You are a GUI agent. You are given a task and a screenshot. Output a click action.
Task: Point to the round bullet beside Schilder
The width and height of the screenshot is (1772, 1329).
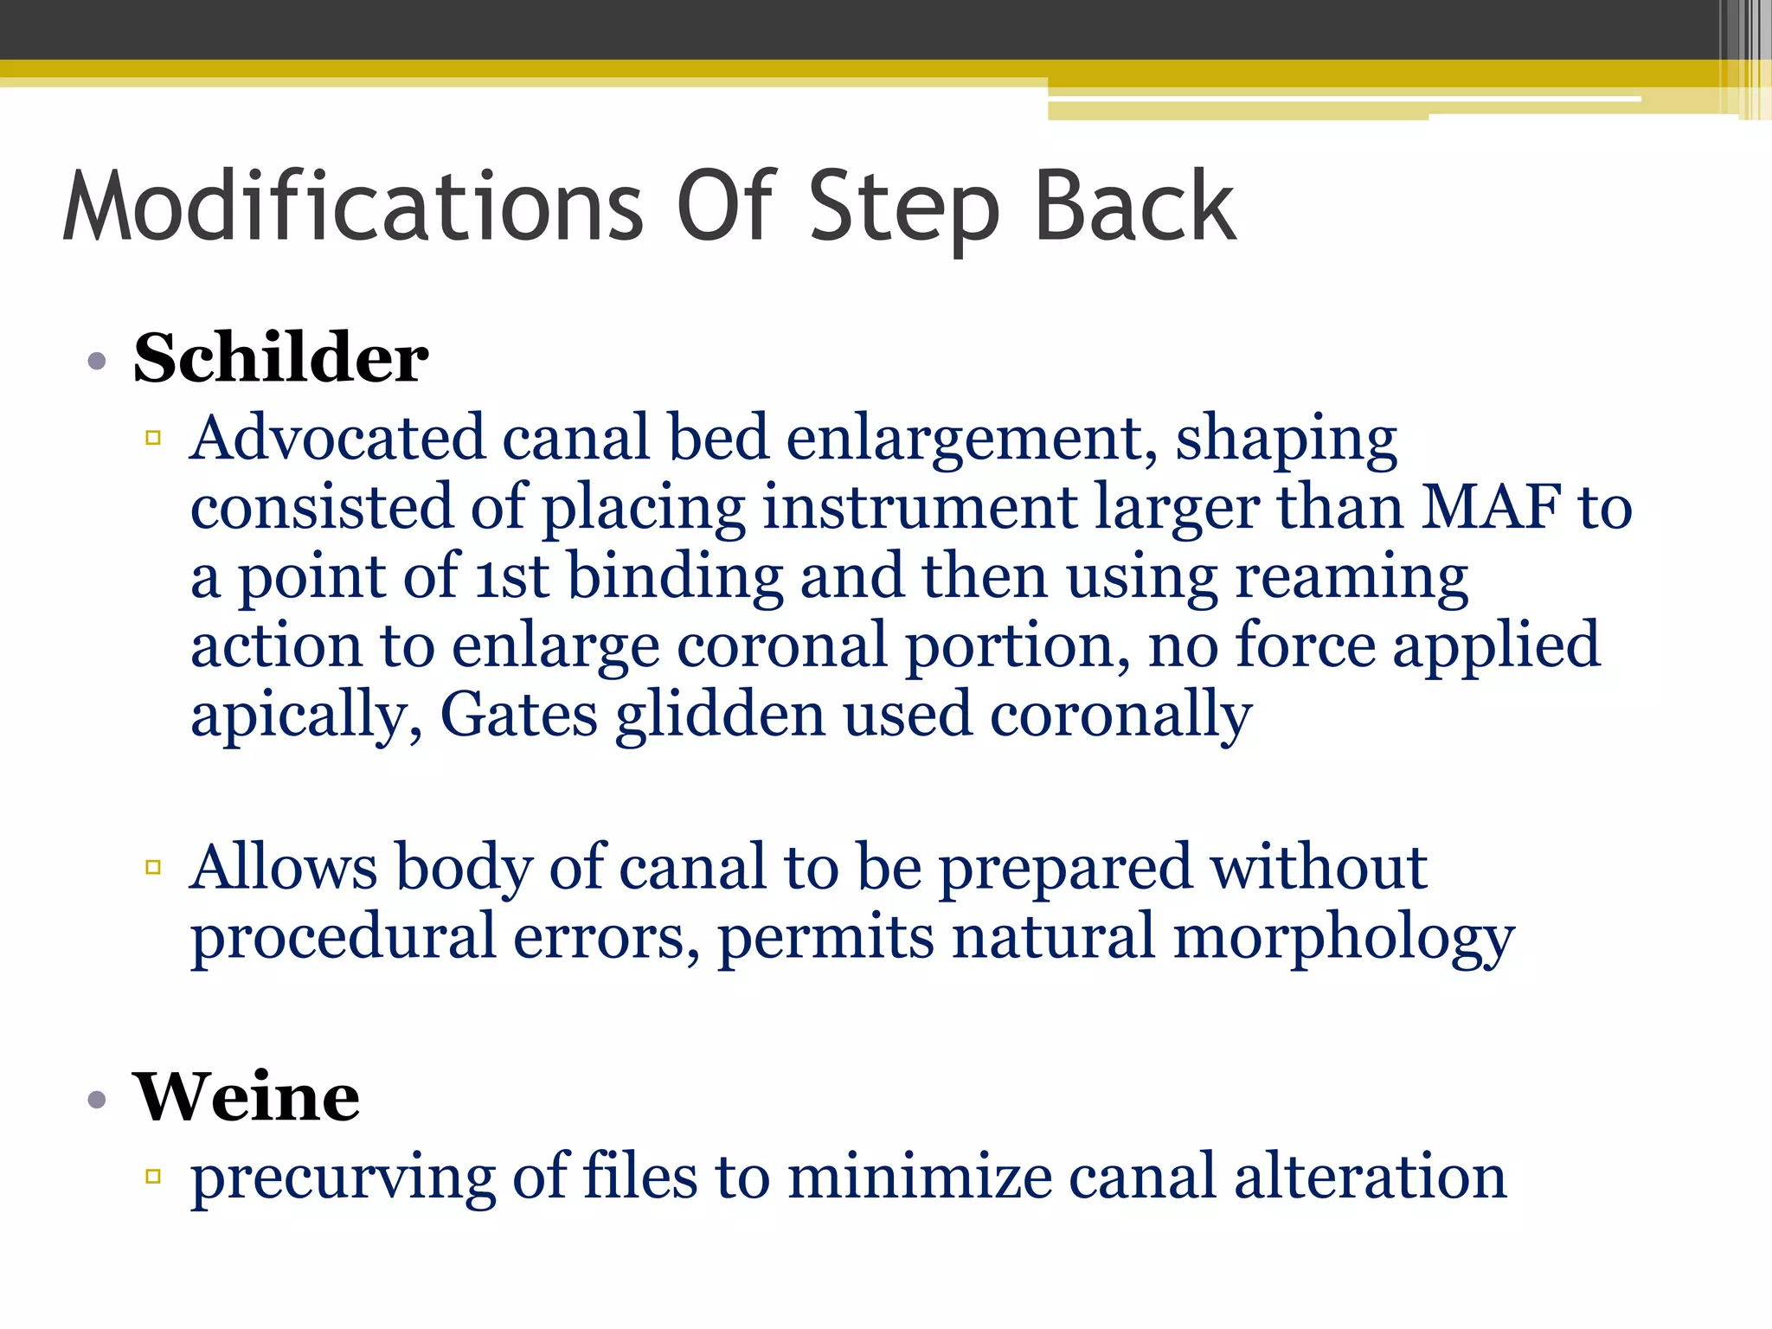pos(97,361)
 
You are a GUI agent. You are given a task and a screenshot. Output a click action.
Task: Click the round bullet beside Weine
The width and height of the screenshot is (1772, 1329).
pos(97,1100)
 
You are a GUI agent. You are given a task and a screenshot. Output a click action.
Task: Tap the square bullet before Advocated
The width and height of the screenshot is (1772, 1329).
pos(154,438)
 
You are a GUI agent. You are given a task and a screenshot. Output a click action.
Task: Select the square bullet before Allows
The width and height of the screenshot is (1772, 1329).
pos(154,867)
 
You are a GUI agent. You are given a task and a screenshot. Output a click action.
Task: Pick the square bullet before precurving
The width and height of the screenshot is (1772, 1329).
pos(154,1176)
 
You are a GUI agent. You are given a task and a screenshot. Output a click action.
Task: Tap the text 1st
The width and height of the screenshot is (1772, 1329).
pos(512,576)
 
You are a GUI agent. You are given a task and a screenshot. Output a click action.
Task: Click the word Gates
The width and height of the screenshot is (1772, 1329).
pos(519,715)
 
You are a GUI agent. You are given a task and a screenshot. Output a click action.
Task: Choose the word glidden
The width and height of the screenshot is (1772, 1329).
pos(720,716)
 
